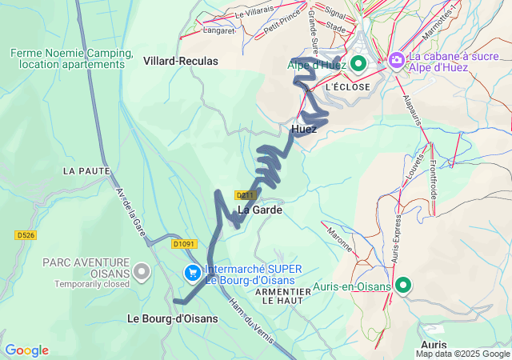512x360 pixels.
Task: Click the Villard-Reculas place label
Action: pyautogui.click(x=180, y=61)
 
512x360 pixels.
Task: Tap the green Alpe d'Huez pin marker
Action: pyautogui.click(x=358, y=63)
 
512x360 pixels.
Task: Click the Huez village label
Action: pyautogui.click(x=304, y=129)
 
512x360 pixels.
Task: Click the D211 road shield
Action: pyautogui.click(x=245, y=194)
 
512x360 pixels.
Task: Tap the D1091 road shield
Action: pyautogui.click(x=183, y=244)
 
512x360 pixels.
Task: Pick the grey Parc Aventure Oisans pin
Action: pyautogui.click(x=142, y=272)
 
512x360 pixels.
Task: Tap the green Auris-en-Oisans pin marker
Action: pyautogui.click(x=402, y=286)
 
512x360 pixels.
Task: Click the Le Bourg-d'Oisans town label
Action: pyautogui.click(x=173, y=318)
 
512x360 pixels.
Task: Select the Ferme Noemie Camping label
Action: pyautogui.click(x=71, y=58)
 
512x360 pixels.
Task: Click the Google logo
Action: pyautogui.click(x=26, y=350)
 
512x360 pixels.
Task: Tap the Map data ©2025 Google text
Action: pyautogui.click(x=462, y=354)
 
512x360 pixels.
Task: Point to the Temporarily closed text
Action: pyautogui.click(x=91, y=283)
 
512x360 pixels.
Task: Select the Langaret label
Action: pyautogui.click(x=219, y=31)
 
